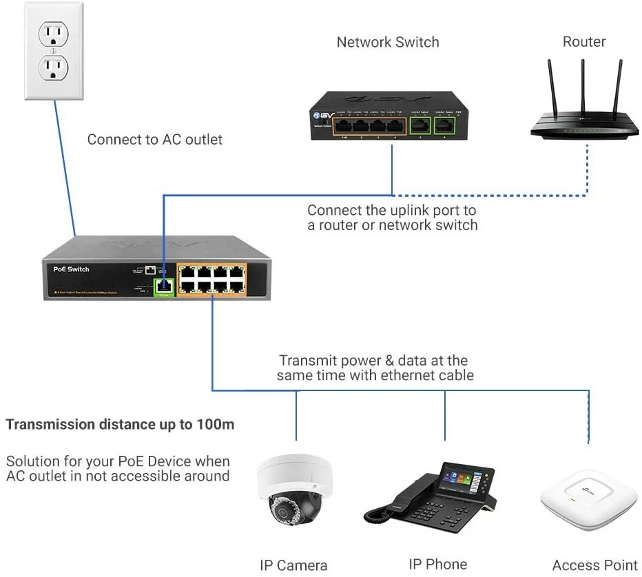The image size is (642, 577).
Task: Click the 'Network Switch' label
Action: click(x=387, y=42)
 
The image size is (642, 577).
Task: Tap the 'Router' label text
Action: click(x=583, y=42)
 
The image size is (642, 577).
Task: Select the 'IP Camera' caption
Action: click(x=293, y=565)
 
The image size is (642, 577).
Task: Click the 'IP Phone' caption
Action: click(x=437, y=564)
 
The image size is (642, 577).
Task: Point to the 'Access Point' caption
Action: click(x=594, y=565)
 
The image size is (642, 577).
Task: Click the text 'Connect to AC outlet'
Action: click(x=154, y=140)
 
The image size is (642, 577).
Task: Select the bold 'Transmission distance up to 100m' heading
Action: click(x=120, y=424)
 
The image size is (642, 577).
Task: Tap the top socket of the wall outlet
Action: click(x=54, y=32)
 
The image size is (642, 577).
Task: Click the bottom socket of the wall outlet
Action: click(x=54, y=68)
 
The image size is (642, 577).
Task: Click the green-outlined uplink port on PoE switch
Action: click(x=163, y=285)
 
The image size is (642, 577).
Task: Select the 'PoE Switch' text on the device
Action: click(x=71, y=269)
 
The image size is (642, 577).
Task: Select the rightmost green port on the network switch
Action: click(x=445, y=126)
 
